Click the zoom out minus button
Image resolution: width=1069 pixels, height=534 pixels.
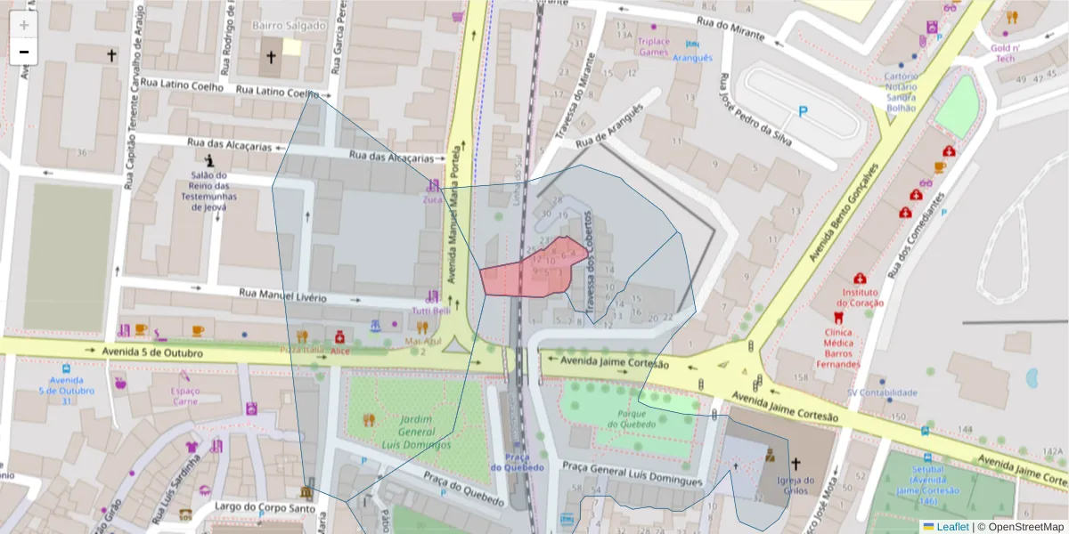pyautogui.click(x=24, y=52)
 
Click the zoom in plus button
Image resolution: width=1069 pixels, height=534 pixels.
pyautogui.click(x=24, y=25)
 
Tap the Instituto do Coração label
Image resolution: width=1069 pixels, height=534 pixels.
pyautogui.click(x=860, y=297)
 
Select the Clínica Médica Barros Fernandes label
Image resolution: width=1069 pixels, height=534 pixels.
pyautogui.click(x=836, y=348)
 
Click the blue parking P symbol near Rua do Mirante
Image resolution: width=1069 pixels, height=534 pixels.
pyautogui.click(x=803, y=112)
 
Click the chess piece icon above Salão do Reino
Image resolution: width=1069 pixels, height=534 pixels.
pyautogui.click(x=209, y=161)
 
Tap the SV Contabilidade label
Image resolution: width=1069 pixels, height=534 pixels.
pyautogui.click(x=881, y=392)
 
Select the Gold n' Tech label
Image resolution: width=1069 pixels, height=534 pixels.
pyautogui.click(x=1005, y=53)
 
